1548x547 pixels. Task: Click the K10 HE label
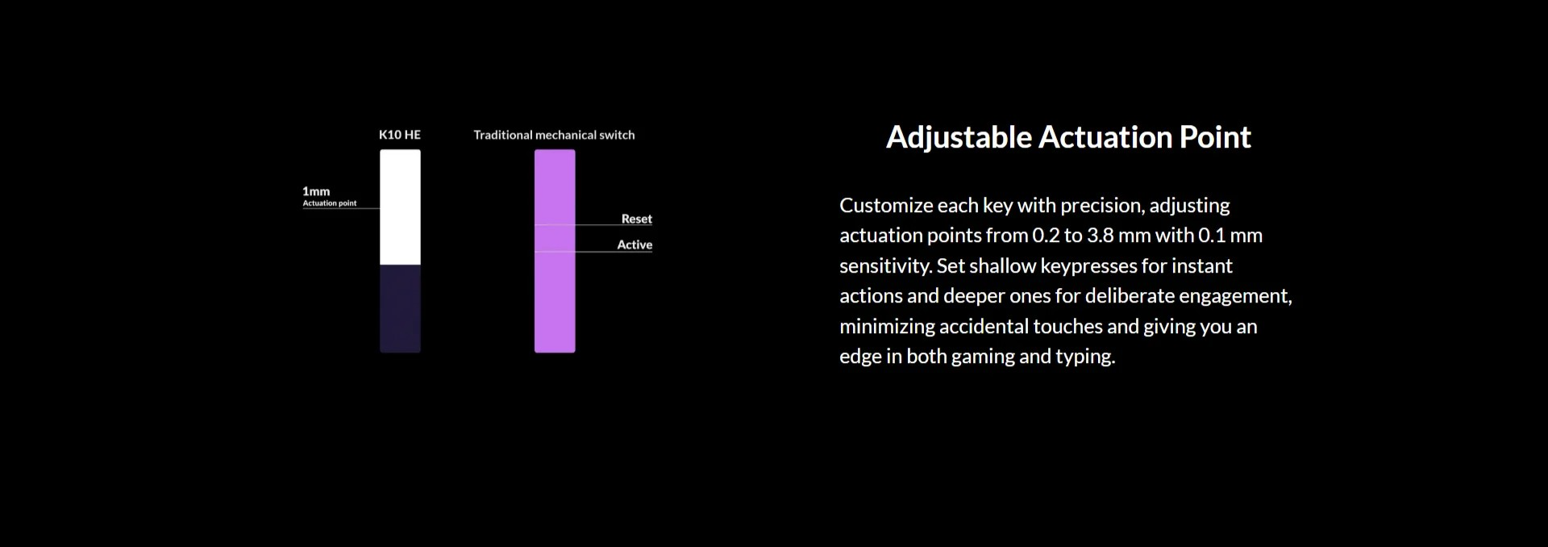[x=400, y=135]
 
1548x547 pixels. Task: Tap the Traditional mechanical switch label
[x=554, y=135]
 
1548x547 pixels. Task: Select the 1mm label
[x=316, y=191]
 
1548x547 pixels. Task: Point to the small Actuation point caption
[x=330, y=203]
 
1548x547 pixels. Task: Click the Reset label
[x=636, y=219]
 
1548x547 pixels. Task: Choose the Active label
[x=635, y=244]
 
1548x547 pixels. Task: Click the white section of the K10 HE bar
[x=400, y=207]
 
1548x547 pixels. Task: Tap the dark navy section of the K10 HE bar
[x=400, y=309]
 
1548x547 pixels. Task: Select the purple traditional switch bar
[x=555, y=251]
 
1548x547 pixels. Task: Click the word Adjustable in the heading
[x=959, y=138]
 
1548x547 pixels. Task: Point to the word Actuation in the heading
[x=1105, y=137]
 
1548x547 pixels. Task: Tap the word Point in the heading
[x=1215, y=137]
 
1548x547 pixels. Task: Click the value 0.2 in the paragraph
[x=1046, y=236]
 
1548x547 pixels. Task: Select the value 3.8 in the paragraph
[x=1100, y=236]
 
